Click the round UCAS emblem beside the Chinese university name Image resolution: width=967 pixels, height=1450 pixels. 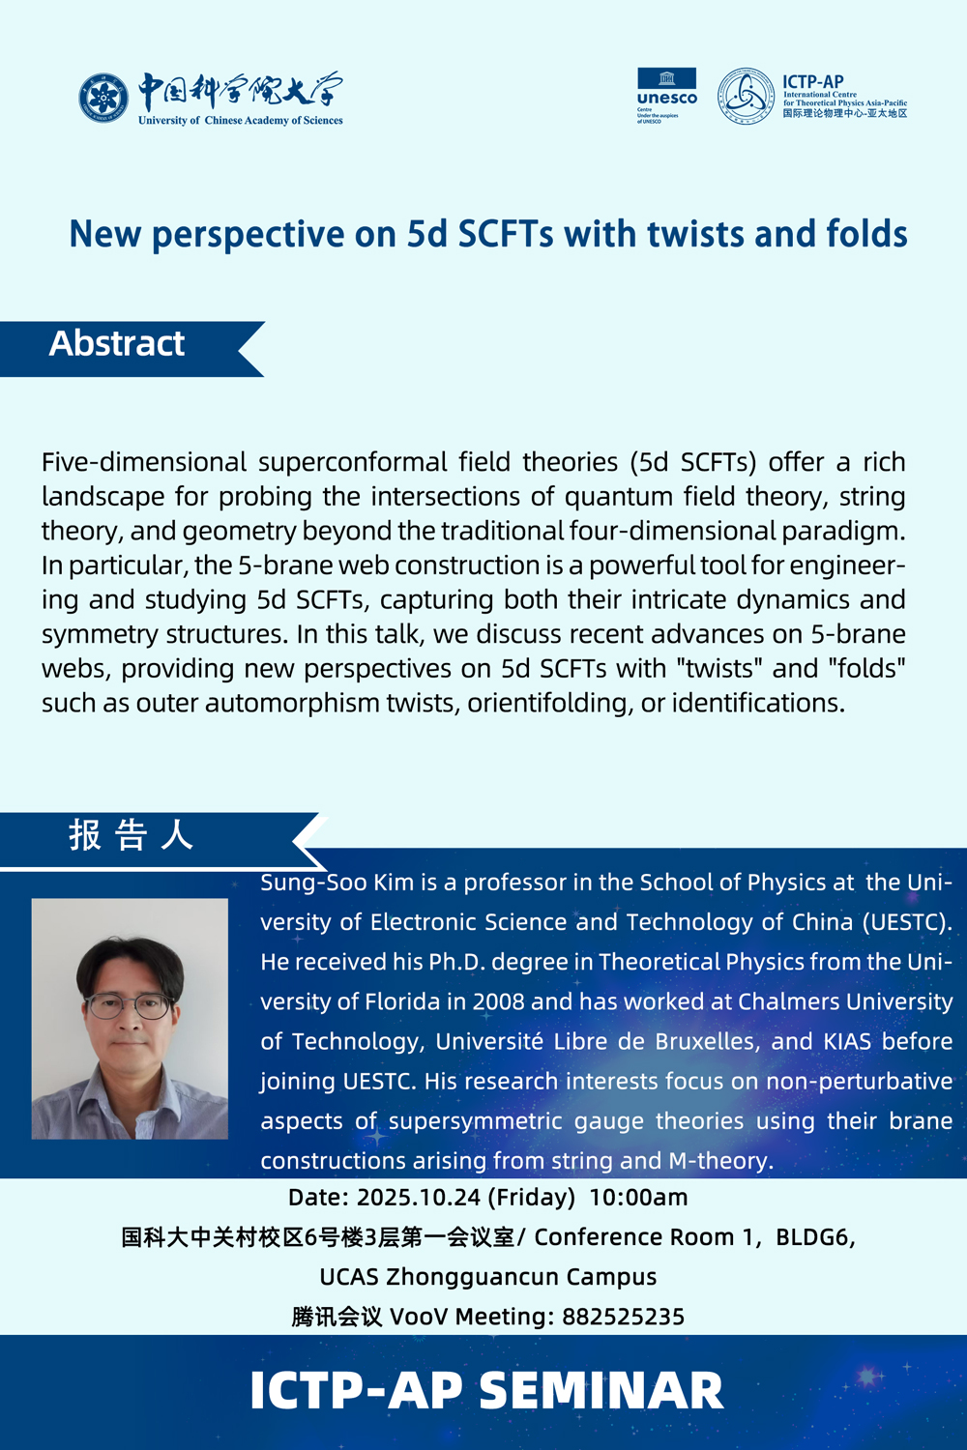tap(103, 99)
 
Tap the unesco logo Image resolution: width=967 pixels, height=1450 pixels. tap(666, 95)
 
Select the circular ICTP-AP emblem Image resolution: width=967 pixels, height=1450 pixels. tap(746, 96)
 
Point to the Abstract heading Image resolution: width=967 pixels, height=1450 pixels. tap(117, 344)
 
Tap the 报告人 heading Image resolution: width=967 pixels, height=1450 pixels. tap(132, 835)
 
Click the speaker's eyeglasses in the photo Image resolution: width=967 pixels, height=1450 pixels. tap(130, 1006)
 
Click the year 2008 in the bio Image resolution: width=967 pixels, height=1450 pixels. tap(498, 1001)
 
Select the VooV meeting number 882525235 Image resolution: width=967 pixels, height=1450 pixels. tap(624, 1317)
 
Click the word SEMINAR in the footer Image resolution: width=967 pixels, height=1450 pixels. tap(601, 1391)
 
